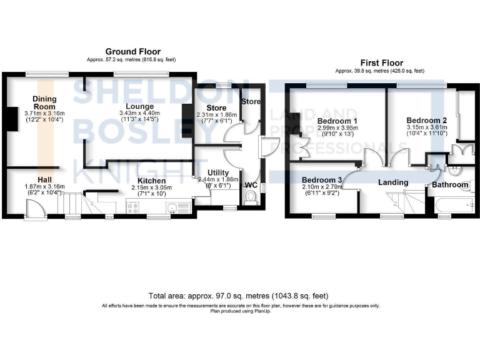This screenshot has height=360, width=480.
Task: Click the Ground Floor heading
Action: click(132, 52)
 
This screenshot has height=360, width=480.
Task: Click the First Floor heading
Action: click(381, 63)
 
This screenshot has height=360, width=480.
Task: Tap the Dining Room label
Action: click(45, 102)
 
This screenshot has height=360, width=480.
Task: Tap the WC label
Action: click(251, 185)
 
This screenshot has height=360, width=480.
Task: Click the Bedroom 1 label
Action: click(337, 121)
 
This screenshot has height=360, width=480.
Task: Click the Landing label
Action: click(393, 182)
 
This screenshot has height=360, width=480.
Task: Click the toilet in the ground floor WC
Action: click(251, 198)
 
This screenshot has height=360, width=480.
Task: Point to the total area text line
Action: click(238, 295)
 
